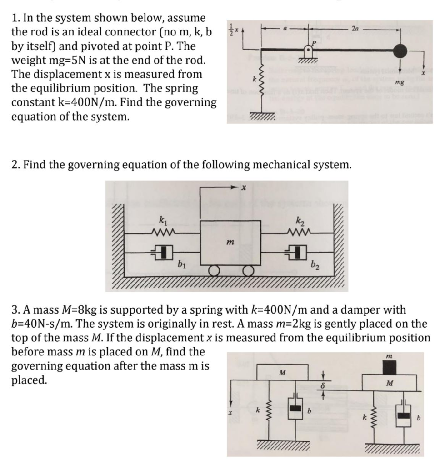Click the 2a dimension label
click(x=355, y=28)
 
